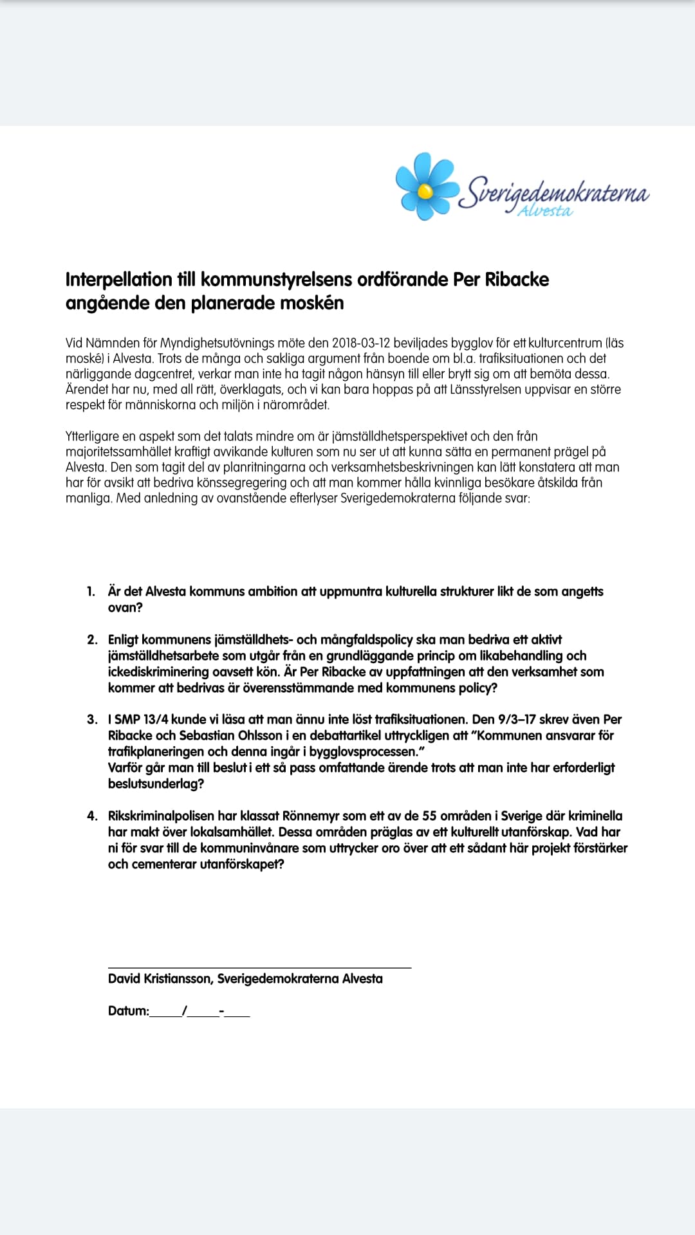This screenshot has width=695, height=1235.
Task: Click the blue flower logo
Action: coord(425,187)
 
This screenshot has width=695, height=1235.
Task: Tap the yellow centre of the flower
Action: coord(425,190)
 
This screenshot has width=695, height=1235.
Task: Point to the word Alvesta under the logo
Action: coord(545,212)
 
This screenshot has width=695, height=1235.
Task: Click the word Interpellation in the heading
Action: coord(119,280)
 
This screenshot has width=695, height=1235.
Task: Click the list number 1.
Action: coord(91,592)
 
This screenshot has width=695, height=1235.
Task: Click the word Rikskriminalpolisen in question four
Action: coord(161,816)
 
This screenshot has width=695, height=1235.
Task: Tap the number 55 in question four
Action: coord(429,816)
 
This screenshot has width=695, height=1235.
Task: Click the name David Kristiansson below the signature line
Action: coord(160,979)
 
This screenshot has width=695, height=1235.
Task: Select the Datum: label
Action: coord(128,1011)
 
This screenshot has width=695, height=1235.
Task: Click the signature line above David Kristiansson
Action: coord(259,967)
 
